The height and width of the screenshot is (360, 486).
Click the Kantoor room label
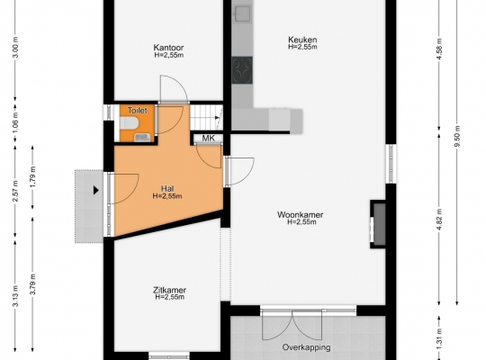coord(168,48)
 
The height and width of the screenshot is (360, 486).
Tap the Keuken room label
coord(302,40)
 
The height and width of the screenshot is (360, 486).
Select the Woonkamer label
coord(300,214)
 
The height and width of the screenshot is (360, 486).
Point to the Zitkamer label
coord(169,290)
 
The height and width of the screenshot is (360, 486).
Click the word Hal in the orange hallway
coord(167,188)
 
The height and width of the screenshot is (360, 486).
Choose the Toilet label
coord(138,111)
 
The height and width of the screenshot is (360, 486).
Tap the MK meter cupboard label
coord(208,139)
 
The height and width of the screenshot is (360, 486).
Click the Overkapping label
coord(306,347)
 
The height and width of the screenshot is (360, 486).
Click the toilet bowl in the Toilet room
coord(129,122)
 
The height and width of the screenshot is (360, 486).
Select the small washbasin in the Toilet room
coord(142,138)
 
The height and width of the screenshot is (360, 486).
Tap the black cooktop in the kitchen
coord(242,70)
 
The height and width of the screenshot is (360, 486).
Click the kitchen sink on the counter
coord(242,13)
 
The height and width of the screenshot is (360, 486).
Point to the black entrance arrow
coord(96,190)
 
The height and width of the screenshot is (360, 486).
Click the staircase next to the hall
coord(206,117)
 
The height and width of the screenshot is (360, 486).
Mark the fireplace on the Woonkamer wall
coord(378,224)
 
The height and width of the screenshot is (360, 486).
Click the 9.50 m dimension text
coord(458,136)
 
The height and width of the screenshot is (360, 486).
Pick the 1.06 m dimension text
coord(16,122)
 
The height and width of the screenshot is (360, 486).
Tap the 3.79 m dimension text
coord(33,284)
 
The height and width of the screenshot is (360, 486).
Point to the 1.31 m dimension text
coord(439,338)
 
